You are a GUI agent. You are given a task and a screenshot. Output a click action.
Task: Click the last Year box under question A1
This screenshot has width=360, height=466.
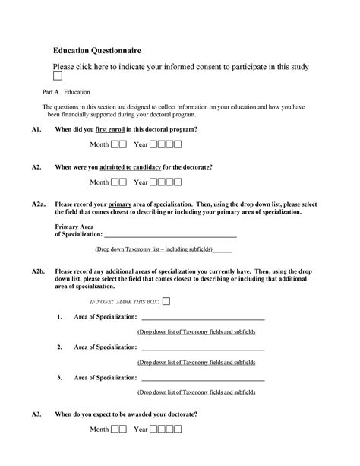click(178, 144)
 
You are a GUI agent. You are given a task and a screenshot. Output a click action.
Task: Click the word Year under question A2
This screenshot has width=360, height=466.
click(141, 182)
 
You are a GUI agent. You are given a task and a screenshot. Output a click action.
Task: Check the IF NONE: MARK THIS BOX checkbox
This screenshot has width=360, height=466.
click(166, 301)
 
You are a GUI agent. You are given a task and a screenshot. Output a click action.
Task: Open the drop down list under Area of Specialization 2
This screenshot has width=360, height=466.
click(196, 363)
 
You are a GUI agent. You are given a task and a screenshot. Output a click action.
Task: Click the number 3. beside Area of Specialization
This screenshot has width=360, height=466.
click(59, 377)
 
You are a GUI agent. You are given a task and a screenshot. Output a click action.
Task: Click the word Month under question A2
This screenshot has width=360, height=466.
click(99, 182)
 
